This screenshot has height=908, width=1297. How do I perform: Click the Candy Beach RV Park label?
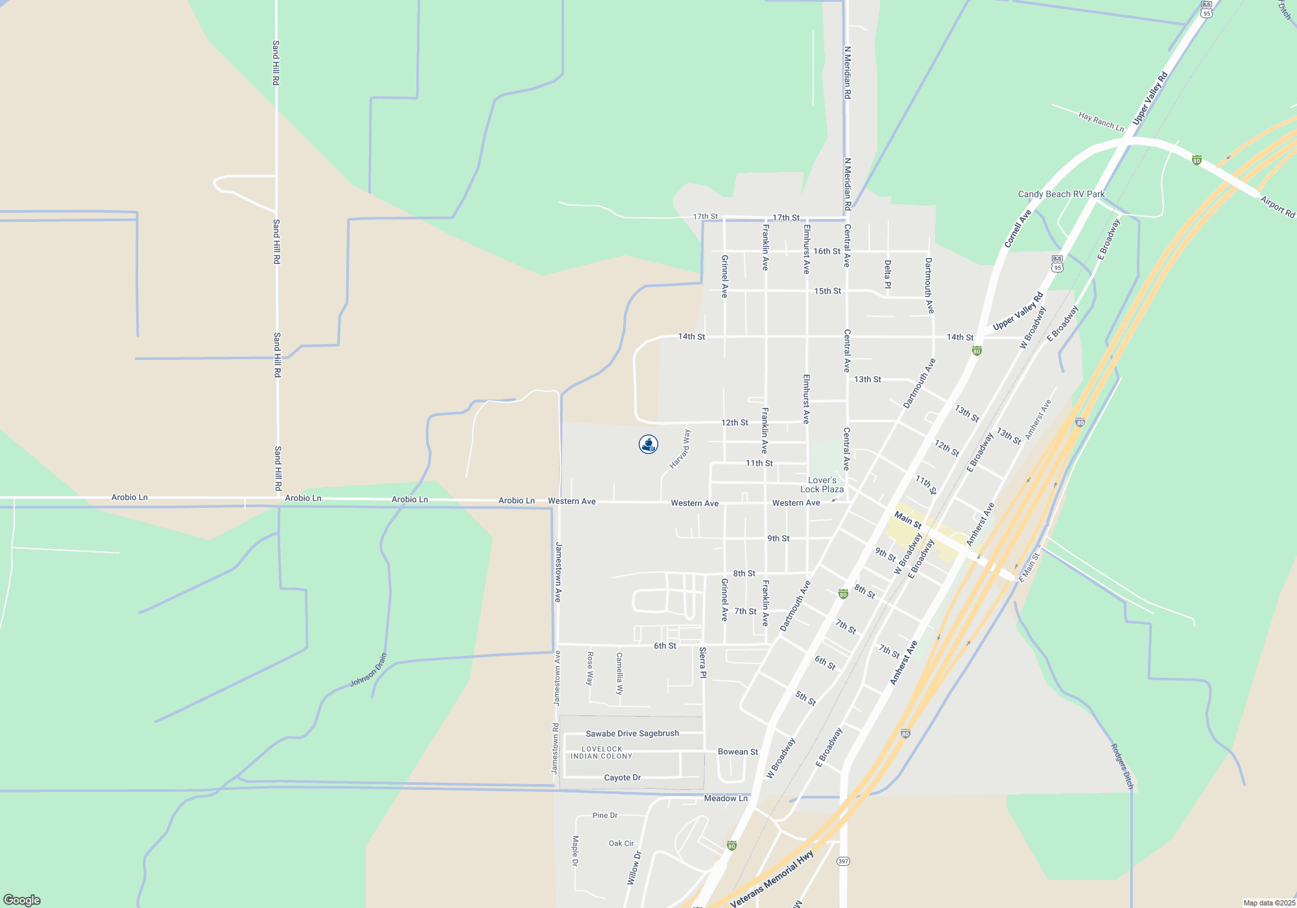click(1061, 194)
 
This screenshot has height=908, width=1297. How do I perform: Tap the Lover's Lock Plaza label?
click(822, 485)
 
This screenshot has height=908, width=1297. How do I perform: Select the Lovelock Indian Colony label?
click(601, 752)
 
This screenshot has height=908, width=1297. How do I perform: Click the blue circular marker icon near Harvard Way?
click(648, 444)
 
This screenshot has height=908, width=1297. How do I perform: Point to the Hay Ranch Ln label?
click(1101, 121)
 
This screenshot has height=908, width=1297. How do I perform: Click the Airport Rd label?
click(1278, 207)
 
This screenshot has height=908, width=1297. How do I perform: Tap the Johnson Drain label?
click(368, 670)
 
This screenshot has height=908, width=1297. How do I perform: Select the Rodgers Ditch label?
click(1122, 766)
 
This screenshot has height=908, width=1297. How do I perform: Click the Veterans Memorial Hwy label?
click(772, 879)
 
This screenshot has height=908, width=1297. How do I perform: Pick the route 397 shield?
click(842, 861)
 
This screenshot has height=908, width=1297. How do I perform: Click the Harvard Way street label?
click(680, 449)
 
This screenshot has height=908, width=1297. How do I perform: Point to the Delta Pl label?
click(888, 274)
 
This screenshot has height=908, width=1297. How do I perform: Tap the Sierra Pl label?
click(703, 662)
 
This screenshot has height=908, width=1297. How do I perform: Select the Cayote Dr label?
click(622, 778)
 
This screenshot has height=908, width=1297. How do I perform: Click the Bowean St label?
click(737, 752)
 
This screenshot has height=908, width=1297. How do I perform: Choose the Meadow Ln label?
click(726, 798)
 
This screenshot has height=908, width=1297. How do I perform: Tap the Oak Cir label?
click(621, 843)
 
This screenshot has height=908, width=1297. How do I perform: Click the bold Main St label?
click(907, 520)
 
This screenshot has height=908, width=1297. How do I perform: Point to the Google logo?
click(22, 900)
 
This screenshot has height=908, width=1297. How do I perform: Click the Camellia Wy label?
click(619, 673)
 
